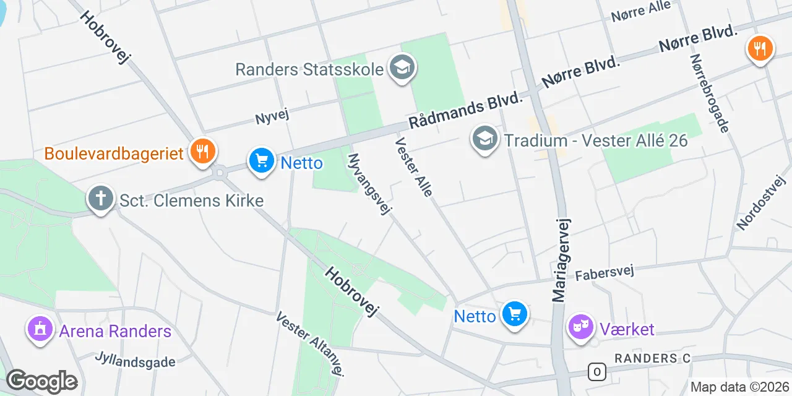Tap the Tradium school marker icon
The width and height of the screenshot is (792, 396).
(x=485, y=139)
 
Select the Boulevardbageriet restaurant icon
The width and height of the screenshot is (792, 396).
(x=202, y=151)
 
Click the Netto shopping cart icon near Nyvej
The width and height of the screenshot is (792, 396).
(x=262, y=161)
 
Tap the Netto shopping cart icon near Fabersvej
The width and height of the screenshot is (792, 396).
(x=514, y=314)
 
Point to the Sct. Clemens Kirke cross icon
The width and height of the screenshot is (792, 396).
(x=100, y=199)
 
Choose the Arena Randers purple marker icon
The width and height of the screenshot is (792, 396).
(x=40, y=329)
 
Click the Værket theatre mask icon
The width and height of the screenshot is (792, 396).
(x=581, y=327)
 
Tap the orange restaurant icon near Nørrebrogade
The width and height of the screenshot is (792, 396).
(x=760, y=48)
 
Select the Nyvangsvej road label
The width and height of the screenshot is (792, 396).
(x=370, y=184)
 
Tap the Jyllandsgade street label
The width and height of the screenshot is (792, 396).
(x=136, y=359)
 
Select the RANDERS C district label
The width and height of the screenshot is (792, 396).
(x=652, y=358)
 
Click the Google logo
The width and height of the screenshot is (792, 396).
(x=41, y=381)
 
